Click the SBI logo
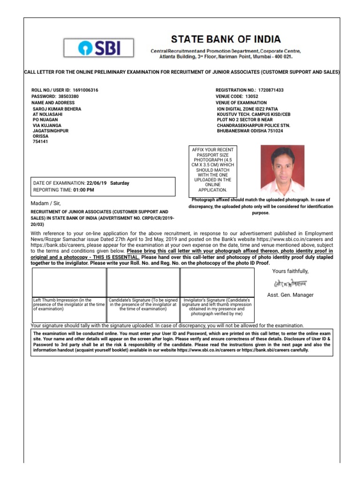[x=99, y=48]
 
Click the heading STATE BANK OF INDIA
[x=226, y=39]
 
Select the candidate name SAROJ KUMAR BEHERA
[x=57, y=109]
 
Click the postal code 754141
[x=40, y=141]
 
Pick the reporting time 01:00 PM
[x=83, y=190]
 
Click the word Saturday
[x=120, y=183]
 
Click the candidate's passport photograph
[x=282, y=170]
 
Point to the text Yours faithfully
[x=290, y=271]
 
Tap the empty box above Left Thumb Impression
[x=68, y=282]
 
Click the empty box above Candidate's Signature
[x=143, y=282]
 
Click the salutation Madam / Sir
[x=45, y=203]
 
